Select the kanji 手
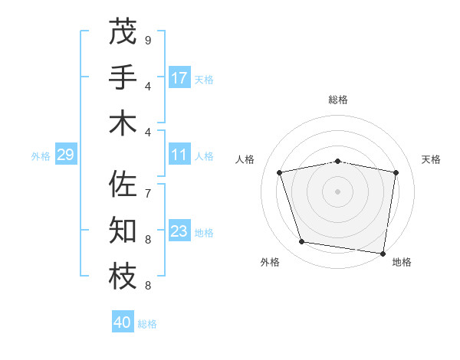[x=123, y=77]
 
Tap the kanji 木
[x=123, y=123]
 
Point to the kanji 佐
[x=123, y=184]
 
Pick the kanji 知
[x=123, y=231]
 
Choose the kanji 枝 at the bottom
[x=123, y=277]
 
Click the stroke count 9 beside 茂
[x=147, y=40]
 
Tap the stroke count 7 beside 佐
[x=147, y=193]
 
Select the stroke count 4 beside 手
[x=147, y=86]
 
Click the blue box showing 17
[x=179, y=78]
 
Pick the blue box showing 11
[x=179, y=155]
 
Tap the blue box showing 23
[x=179, y=231]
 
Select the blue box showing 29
[x=65, y=155]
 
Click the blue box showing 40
[x=123, y=322]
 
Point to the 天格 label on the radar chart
[x=431, y=159]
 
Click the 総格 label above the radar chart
[x=337, y=100]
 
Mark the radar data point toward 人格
[x=280, y=172]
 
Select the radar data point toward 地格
[x=383, y=253]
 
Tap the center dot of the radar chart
[x=337, y=191]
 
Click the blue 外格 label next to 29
[x=41, y=156]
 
